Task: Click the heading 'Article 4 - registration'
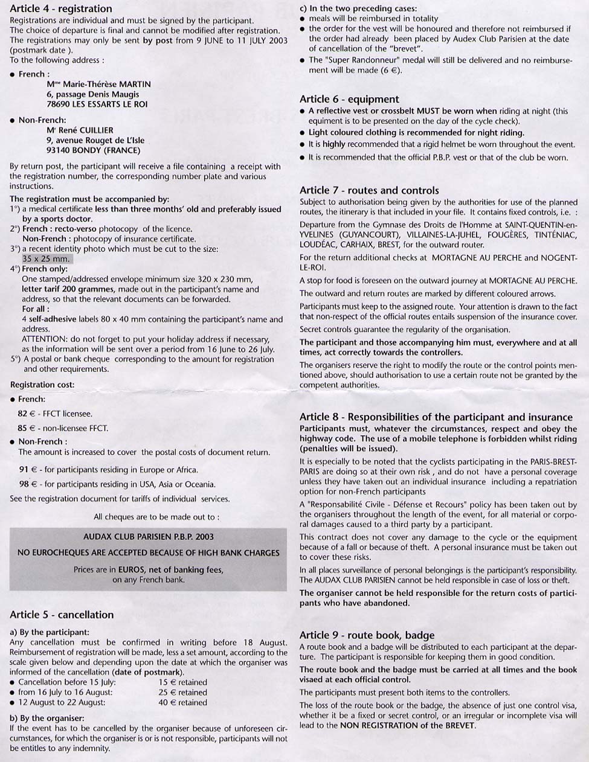coord(61,9)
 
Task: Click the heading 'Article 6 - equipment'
coord(349,99)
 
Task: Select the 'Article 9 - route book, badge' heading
coord(367,635)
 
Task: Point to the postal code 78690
coord(59,104)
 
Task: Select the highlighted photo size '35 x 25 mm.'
coord(46,259)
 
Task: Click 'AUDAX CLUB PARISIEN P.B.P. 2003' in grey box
coord(148,536)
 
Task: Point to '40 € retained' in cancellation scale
coord(182,702)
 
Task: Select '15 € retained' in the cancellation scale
coord(182,682)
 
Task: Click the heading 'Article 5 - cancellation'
coord(62,615)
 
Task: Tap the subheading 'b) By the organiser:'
coord(47,718)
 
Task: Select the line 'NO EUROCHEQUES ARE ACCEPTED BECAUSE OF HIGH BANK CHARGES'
coord(148,552)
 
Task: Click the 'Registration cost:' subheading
coord(42,385)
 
